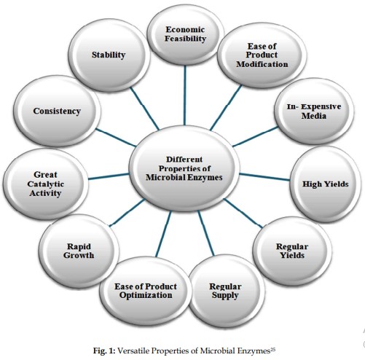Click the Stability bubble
coord(109,55)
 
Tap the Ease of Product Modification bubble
coord(262,55)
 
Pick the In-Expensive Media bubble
coord(314,111)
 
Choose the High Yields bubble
coord(326,184)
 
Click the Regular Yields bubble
coord(292,251)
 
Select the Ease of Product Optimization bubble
coord(145,291)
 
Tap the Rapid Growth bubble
coord(79,251)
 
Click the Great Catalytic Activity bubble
coord(46,184)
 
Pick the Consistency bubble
coord(57,111)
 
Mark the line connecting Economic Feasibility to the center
coord(185,95)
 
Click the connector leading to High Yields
coord(264,177)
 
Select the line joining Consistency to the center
coord(116,138)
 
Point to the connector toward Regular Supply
coord(206,233)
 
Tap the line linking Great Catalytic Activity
coord(109,176)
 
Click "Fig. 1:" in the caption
coord(104,351)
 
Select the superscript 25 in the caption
coord(272,349)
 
